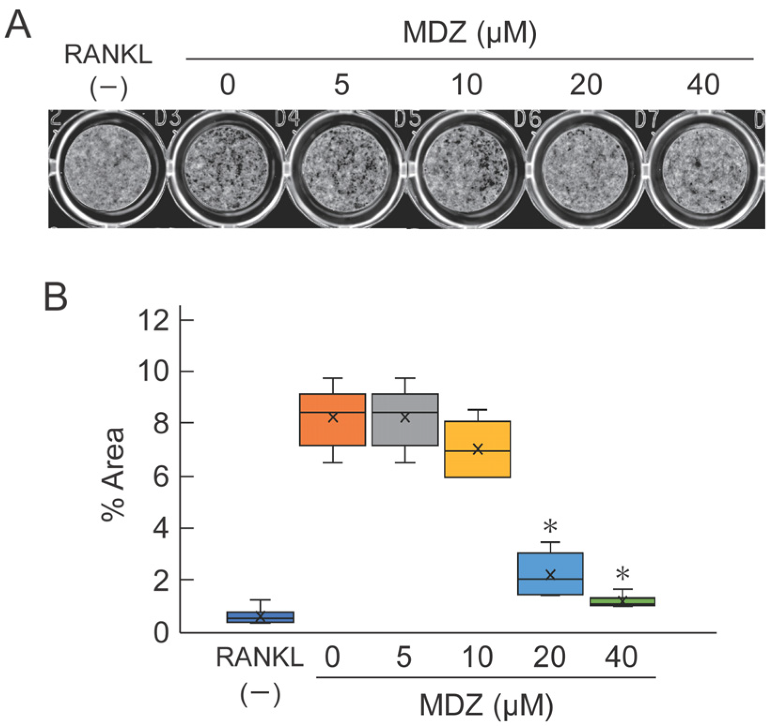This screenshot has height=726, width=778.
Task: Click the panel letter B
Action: [55, 297]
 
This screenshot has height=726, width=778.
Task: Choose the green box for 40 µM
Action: [622, 602]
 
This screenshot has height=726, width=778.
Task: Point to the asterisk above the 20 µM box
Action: [550, 526]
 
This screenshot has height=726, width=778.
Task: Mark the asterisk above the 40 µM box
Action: [622, 574]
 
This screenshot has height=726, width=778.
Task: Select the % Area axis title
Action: [113, 474]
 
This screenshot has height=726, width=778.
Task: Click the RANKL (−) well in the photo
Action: [108, 169]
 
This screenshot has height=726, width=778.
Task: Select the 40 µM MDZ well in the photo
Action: [704, 170]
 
